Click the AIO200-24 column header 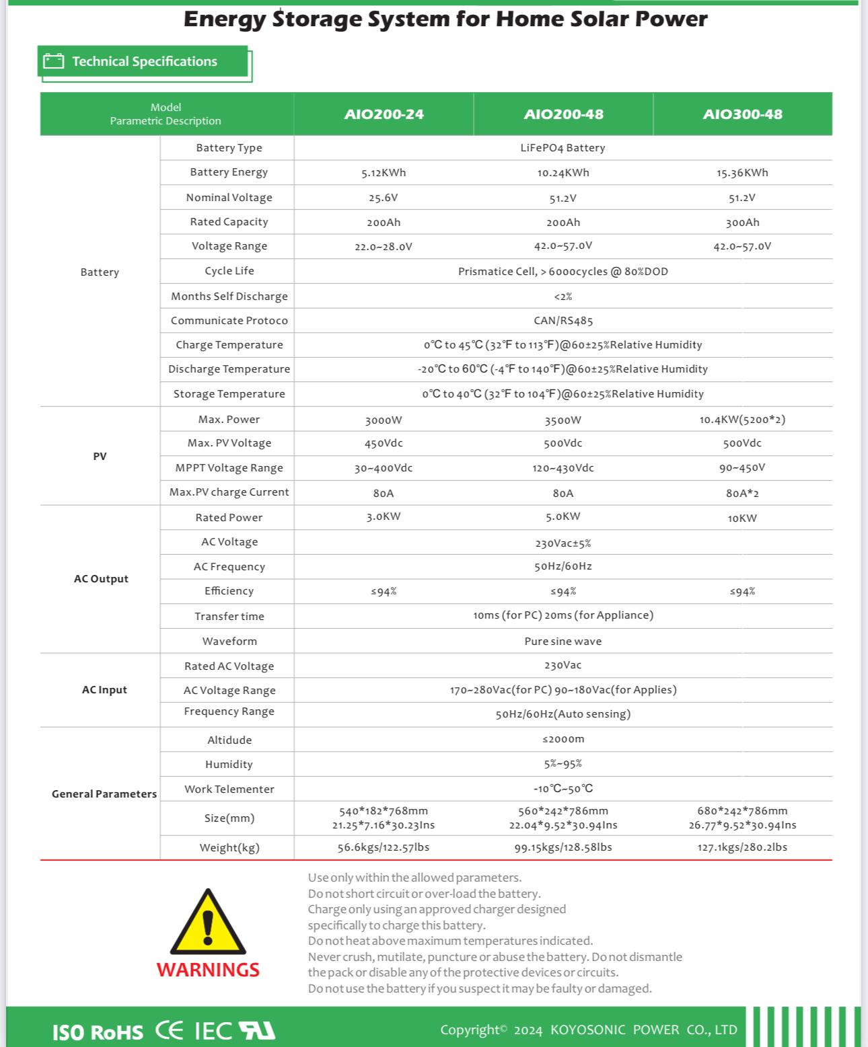pos(384,114)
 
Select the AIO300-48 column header pos(742,114)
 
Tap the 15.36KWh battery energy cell pos(742,173)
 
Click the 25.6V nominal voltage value pos(384,198)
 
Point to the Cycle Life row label pos(229,271)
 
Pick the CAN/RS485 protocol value pos(563,321)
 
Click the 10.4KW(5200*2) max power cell pos(742,420)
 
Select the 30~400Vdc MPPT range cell pos(384,468)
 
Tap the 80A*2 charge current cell pos(742,494)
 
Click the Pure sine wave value pos(563,642)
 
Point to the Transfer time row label pos(229,617)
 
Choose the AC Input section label pos(104,690)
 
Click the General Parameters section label pos(104,794)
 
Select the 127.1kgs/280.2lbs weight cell pos(742,847)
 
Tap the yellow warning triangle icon pos(208,923)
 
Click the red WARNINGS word pos(208,970)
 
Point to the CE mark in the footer pos(169,1031)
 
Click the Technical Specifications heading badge pos(144,62)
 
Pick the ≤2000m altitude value pos(563,739)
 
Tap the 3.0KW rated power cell pos(384,517)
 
